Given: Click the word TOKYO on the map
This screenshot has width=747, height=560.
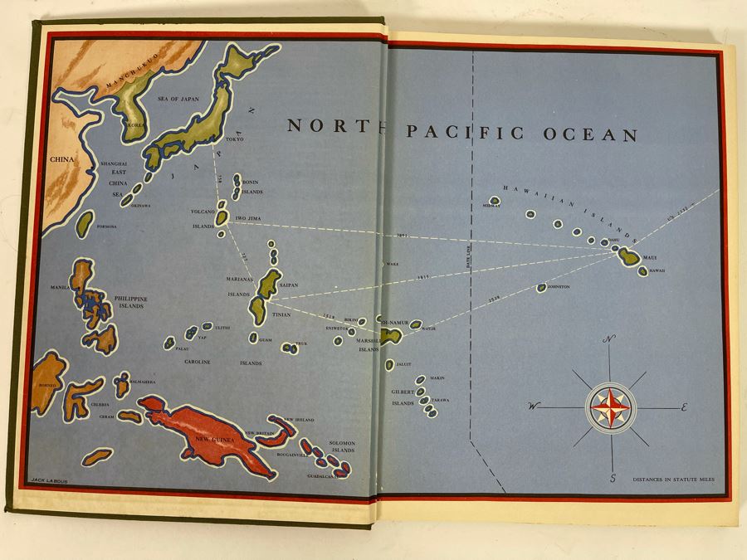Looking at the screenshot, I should coord(236,139).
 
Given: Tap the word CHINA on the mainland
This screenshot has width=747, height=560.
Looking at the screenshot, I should coord(61,159).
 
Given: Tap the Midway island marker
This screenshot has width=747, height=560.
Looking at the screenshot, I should coord(496,200).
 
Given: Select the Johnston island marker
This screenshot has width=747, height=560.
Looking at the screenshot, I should coord(541,288).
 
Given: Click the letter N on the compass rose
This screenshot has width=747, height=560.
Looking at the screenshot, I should coord(610,338).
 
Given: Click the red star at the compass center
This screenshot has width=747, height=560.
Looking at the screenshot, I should coord(611,407).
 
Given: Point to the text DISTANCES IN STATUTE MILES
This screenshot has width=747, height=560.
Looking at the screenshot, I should coord(673,480).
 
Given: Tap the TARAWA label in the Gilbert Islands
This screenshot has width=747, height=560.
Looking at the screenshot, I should coord(440,400).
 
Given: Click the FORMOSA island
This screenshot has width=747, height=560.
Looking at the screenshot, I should coord(85,222).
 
